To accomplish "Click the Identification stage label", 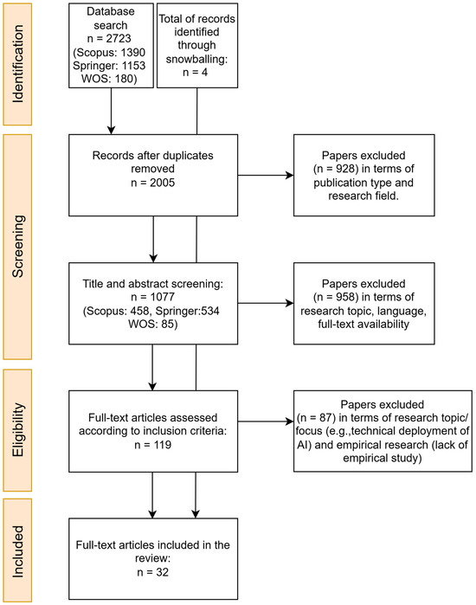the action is (x=18, y=64).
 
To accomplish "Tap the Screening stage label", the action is (x=18, y=246).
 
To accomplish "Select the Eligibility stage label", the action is (x=18, y=430).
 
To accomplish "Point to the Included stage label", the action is (x=18, y=551).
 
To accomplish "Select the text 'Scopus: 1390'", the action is (x=111, y=52).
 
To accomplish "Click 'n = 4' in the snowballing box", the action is (x=196, y=72).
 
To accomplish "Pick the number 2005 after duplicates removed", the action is (x=163, y=182).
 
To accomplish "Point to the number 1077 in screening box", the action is (x=163, y=297).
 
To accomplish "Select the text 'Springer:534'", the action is (x=188, y=311).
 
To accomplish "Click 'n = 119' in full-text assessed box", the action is (x=152, y=445).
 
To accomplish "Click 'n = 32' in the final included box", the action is (x=152, y=572).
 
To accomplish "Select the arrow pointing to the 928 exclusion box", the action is (x=266, y=175).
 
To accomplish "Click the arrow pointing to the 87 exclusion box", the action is (x=266, y=422).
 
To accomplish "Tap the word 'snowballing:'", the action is (x=196, y=59).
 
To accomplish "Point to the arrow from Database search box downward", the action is (x=111, y=111).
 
